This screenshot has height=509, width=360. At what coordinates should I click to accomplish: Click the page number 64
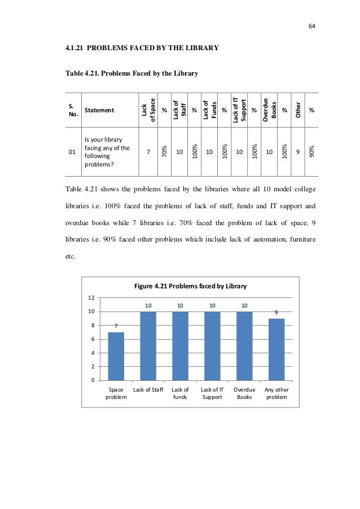pyautogui.click(x=311, y=26)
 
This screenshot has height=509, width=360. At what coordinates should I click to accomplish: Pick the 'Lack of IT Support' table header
pyautogui.click(x=239, y=109)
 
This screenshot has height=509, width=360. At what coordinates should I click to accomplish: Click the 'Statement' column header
pyautogui.click(x=98, y=111)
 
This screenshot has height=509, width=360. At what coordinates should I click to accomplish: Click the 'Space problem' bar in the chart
pyautogui.click(x=116, y=356)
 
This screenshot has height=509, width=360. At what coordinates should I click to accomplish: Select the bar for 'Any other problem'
pyautogui.click(x=276, y=349)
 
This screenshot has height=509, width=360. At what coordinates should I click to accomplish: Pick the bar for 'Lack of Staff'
pyautogui.click(x=148, y=345)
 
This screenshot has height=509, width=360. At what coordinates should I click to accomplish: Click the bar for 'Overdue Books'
pyautogui.click(x=244, y=345)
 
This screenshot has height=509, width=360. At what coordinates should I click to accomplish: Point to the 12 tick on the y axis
pyautogui.click(x=90, y=297)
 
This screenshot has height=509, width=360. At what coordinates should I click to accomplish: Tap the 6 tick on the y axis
pyautogui.click(x=92, y=339)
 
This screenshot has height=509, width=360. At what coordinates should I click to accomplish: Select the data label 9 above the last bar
pyautogui.click(x=276, y=311)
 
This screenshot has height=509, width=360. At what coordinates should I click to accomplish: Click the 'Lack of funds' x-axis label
pyautogui.click(x=180, y=393)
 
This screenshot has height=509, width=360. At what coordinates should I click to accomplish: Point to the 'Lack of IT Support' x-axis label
pyautogui.click(x=212, y=393)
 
